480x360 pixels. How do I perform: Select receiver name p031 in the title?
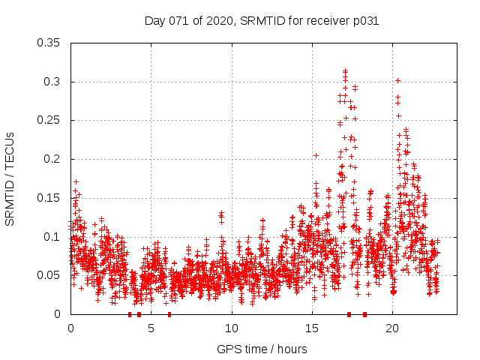pyautogui.click(x=363, y=21)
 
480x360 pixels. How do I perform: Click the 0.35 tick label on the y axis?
pyautogui.click(x=49, y=43)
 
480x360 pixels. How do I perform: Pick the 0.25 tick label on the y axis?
pyautogui.click(x=49, y=120)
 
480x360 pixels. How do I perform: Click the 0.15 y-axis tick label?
pyautogui.click(x=49, y=198)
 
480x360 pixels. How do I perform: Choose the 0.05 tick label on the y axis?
pyautogui.click(x=49, y=275)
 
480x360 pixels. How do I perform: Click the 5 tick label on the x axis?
pyautogui.click(x=151, y=328)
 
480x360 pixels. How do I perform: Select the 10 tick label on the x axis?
pyautogui.click(x=231, y=328)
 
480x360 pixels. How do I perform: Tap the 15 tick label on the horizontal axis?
pyautogui.click(x=312, y=328)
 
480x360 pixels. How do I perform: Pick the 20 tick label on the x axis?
pyautogui.click(x=392, y=328)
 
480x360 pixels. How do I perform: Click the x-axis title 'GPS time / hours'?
pyautogui.click(x=262, y=349)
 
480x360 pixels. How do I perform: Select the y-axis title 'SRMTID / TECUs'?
pyautogui.click(x=10, y=178)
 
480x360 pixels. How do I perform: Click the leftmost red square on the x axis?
pyautogui.click(x=130, y=314)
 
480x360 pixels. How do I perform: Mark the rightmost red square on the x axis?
pyautogui.click(x=365, y=314)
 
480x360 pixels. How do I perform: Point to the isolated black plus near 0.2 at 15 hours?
pyautogui.click(x=316, y=155)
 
